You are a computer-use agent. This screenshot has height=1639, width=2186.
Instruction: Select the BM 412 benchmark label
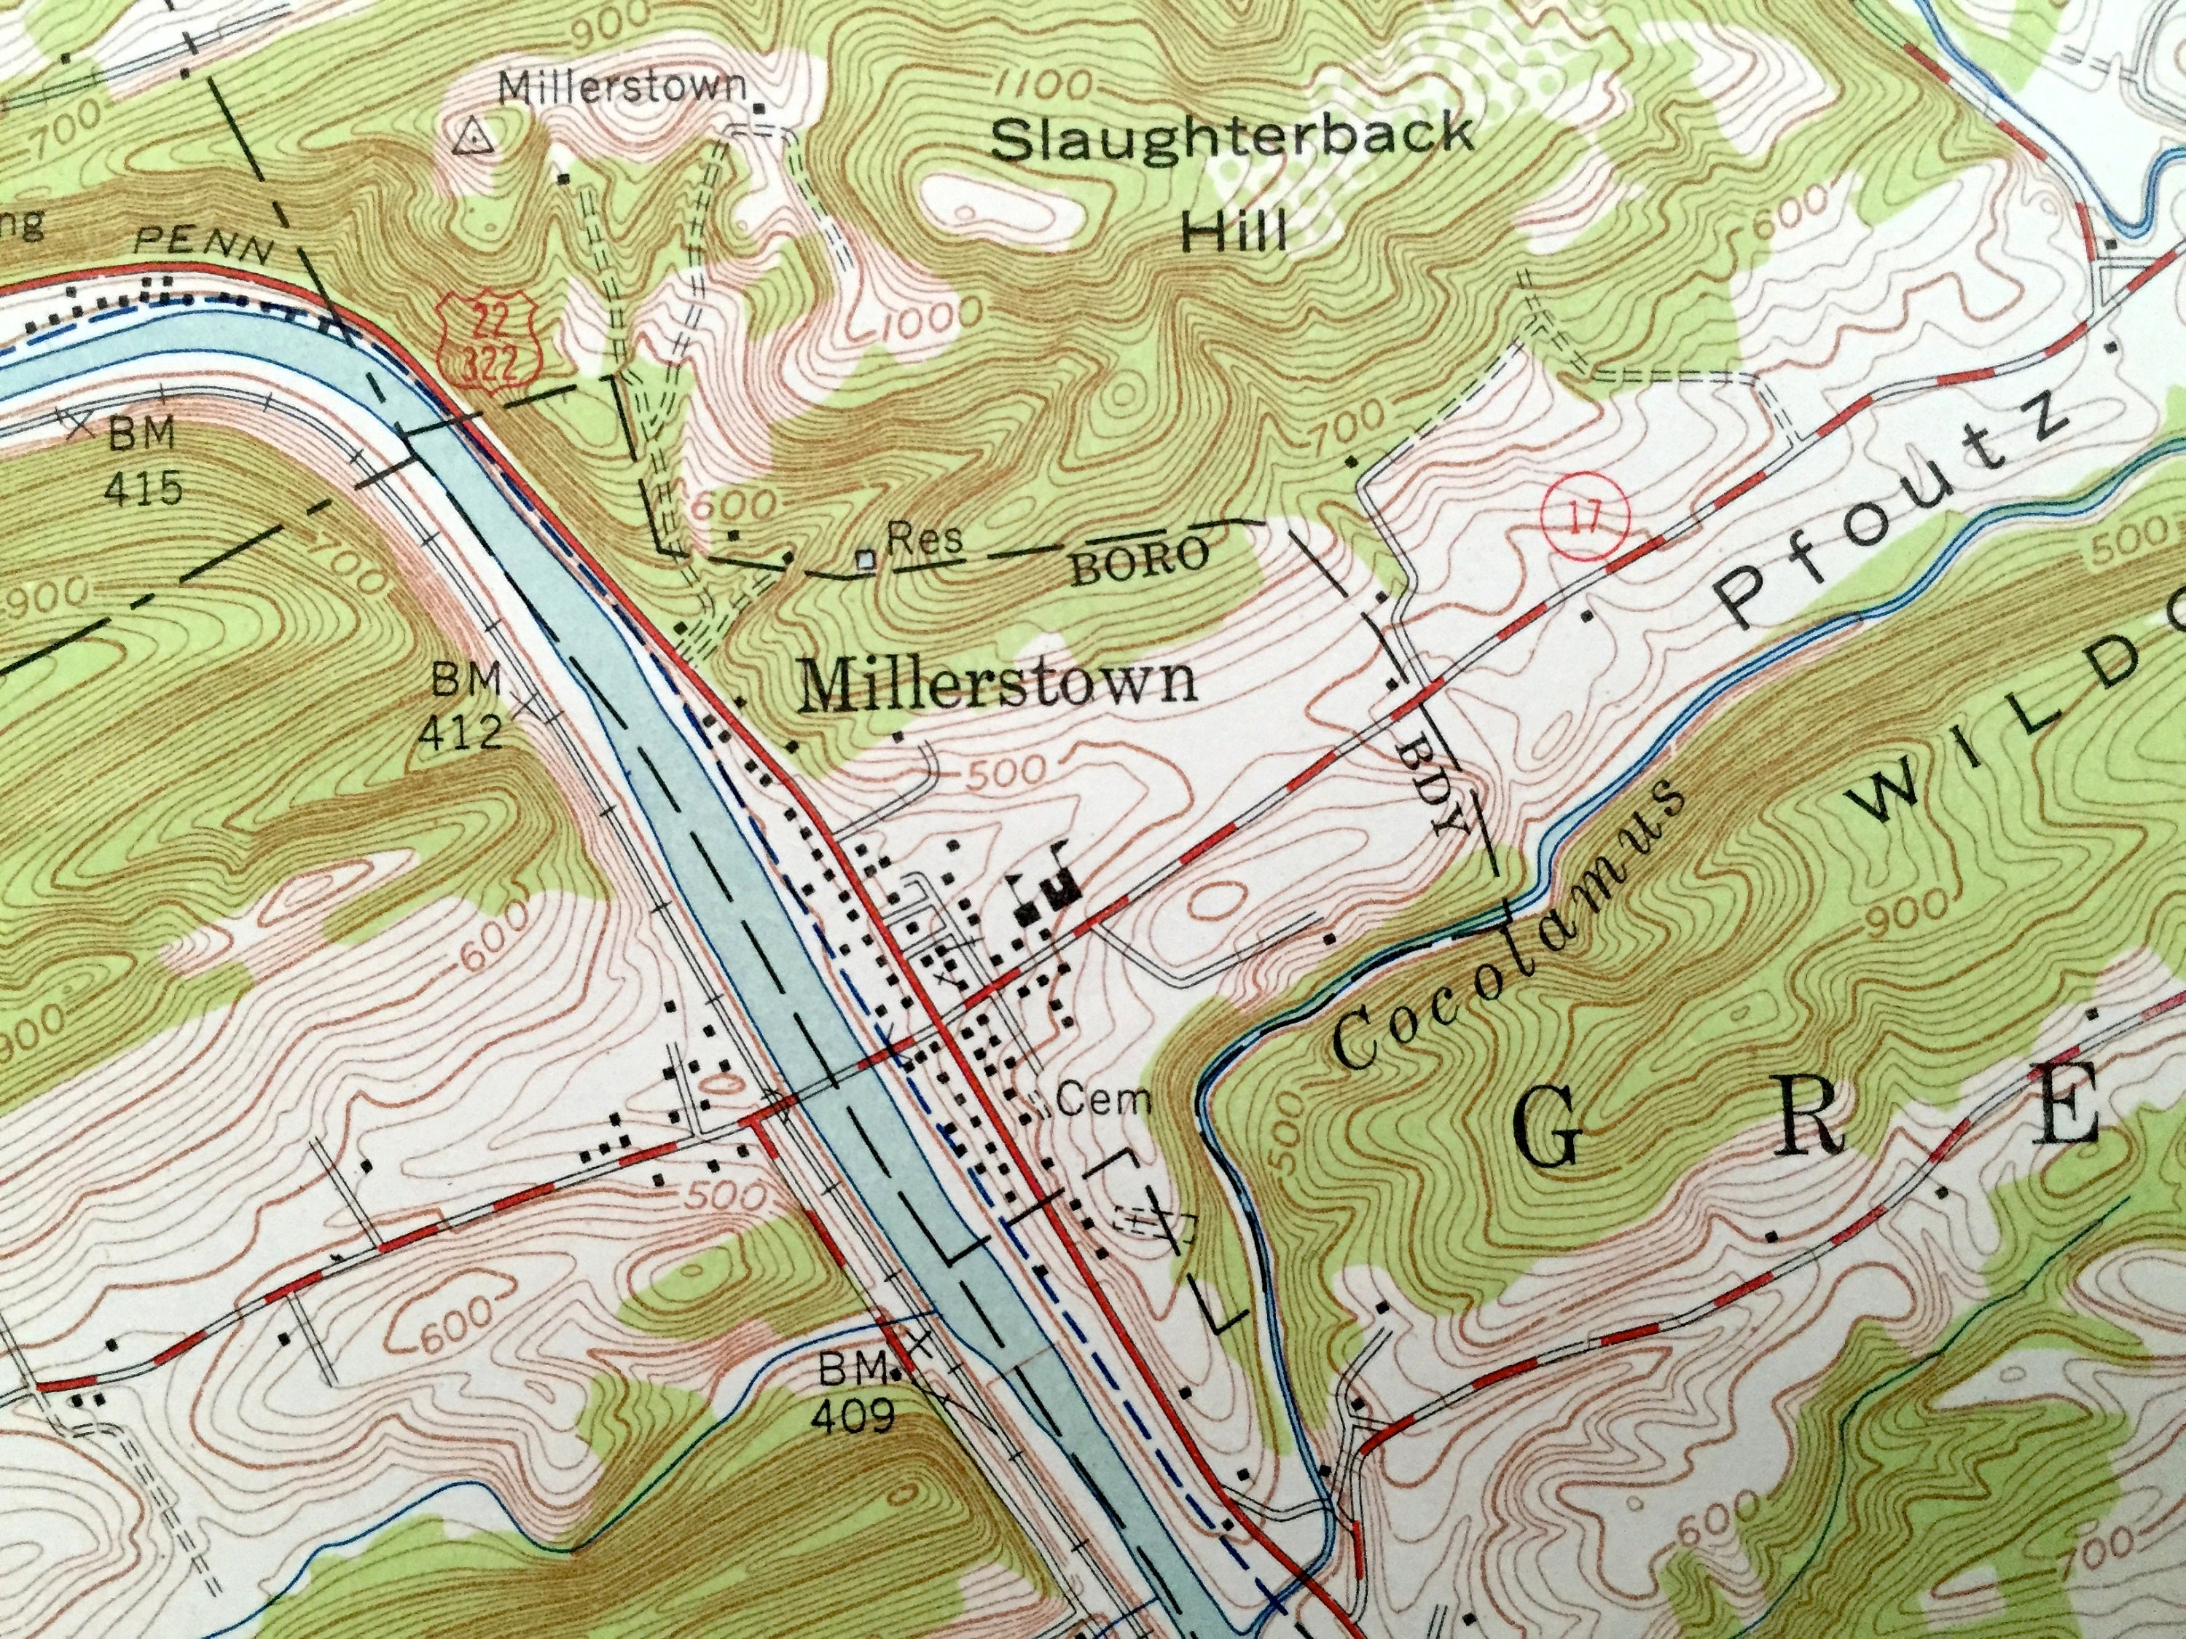pos(461,707)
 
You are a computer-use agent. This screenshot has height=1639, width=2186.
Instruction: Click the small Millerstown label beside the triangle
pos(622,87)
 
